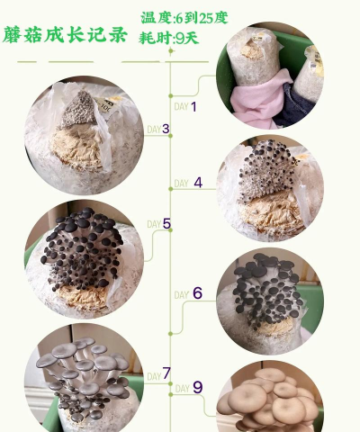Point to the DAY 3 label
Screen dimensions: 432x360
coord(158,129)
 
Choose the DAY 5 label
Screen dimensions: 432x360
coord(158,224)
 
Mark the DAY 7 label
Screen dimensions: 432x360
coord(158,373)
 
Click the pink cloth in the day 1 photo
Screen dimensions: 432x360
coord(254,98)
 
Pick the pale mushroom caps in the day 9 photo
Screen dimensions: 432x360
coord(274,396)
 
